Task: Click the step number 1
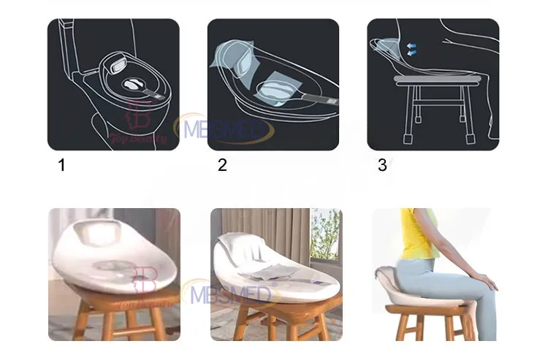click(62, 165)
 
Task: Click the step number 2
click(222, 165)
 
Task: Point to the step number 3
click(382, 165)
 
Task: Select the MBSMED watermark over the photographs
click(232, 294)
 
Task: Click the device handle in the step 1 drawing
click(160, 93)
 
